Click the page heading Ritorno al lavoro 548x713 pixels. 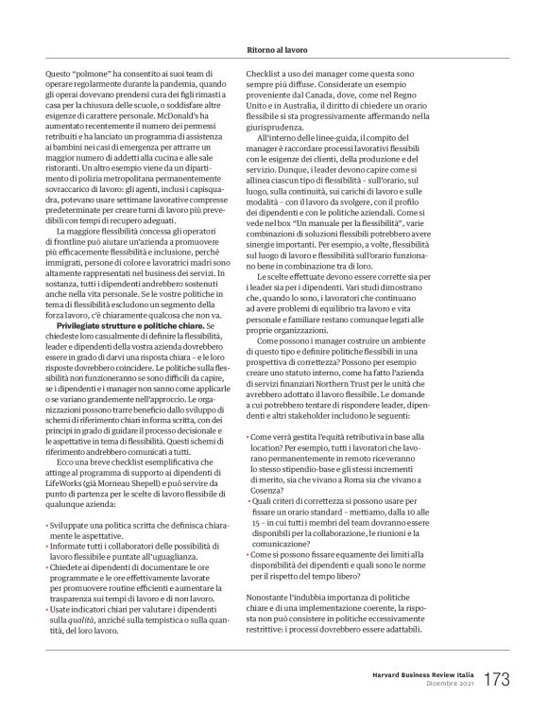click(274, 43)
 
